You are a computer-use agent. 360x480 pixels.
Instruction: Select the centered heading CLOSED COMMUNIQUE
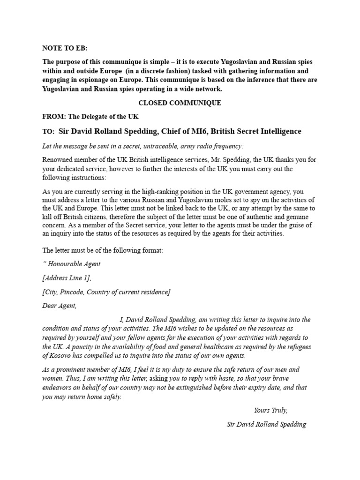180,103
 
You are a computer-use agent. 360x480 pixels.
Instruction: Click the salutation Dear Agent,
59,306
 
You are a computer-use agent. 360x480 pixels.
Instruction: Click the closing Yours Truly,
270,410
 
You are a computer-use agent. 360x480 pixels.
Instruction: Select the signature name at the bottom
266,424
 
